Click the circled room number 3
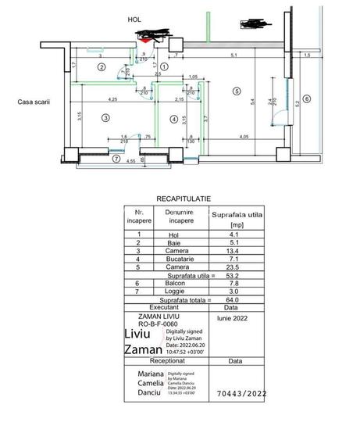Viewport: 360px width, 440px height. pyautogui.click(x=104, y=117)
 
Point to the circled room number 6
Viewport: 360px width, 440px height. pyautogui.click(x=307, y=98)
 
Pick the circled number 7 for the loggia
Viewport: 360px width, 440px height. pyautogui.click(x=116, y=159)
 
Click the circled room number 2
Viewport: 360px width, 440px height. pyautogui.click(x=101, y=67)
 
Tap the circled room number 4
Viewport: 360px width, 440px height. pyautogui.click(x=173, y=119)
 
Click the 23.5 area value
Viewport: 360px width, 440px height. pyautogui.click(x=232, y=267)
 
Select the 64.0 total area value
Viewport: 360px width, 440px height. pyautogui.click(x=232, y=300)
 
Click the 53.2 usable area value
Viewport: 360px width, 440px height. pyautogui.click(x=232, y=275)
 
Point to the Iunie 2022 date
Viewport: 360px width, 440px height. pyautogui.click(x=230, y=319)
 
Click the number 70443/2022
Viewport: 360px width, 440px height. pyautogui.click(x=238, y=395)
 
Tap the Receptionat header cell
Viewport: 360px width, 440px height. pyautogui.click(x=166, y=362)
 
